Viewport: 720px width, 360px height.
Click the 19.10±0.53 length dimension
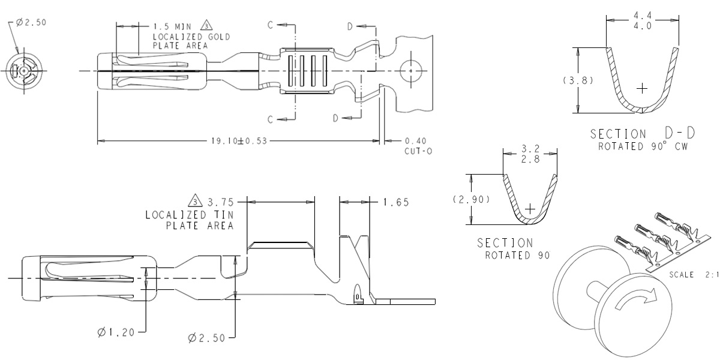239,141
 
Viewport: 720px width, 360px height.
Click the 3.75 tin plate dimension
220,202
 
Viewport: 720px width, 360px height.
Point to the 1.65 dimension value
396,202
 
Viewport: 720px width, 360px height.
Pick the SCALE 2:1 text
692,274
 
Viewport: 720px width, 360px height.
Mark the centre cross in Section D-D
642,89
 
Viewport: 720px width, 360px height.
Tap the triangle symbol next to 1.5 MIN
207,26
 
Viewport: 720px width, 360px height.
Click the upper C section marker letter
271,25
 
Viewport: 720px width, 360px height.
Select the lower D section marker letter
336,118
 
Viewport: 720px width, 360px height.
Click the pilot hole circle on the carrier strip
410,71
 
